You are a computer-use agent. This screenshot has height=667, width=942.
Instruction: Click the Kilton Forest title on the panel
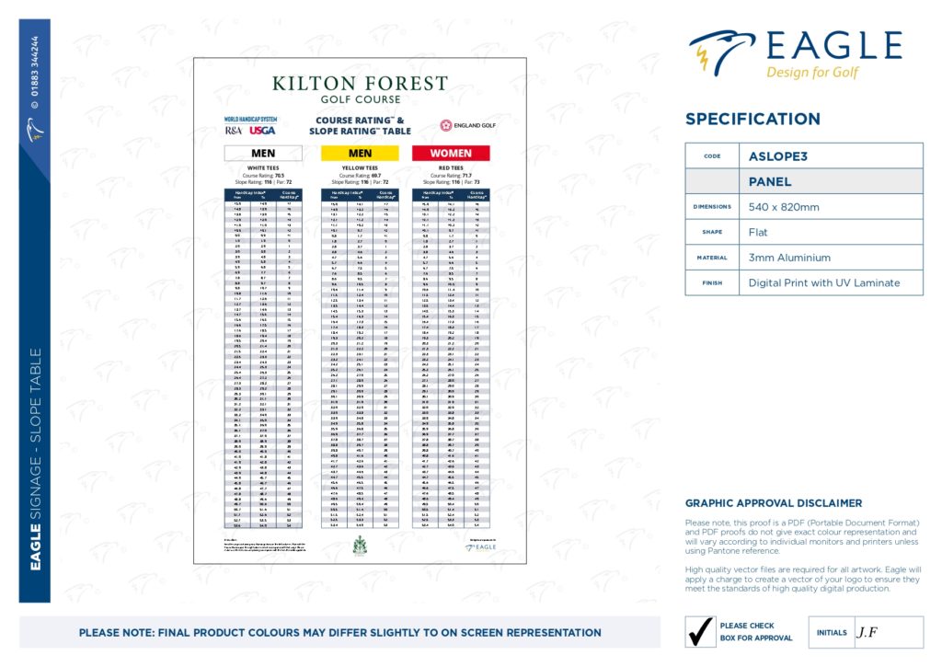(360, 84)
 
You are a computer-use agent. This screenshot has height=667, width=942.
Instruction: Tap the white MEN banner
(263, 153)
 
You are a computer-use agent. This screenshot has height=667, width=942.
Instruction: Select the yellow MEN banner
(360, 153)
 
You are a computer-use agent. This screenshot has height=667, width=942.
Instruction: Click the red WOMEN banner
(451, 153)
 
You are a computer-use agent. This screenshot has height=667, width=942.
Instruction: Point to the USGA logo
(262, 131)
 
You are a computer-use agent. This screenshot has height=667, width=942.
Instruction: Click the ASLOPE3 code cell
(831, 156)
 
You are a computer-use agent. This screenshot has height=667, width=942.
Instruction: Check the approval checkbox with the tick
(702, 632)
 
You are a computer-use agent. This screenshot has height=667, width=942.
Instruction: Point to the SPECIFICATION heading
(752, 119)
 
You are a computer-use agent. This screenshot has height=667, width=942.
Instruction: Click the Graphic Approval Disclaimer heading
(774, 503)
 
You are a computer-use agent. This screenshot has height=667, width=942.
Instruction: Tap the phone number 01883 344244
(35, 74)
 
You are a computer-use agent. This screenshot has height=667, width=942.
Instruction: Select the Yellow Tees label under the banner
(360, 167)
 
